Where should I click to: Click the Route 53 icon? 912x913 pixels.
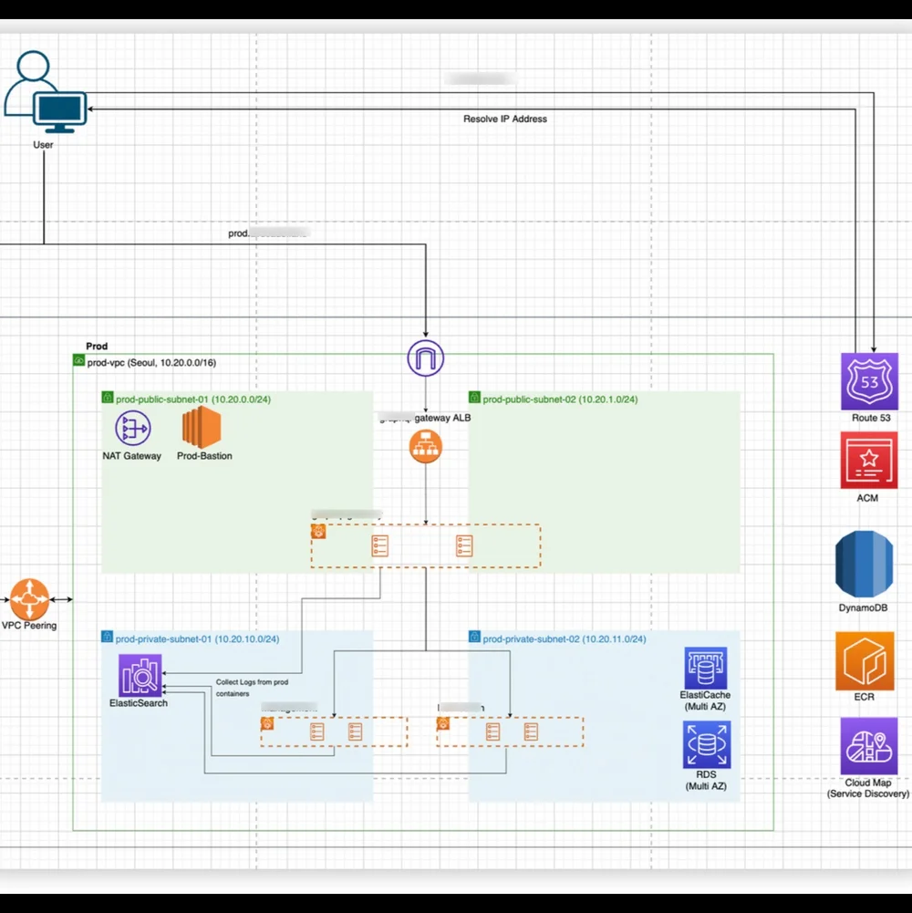point(869,381)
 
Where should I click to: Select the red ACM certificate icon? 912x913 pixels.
point(869,461)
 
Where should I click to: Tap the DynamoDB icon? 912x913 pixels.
point(864,564)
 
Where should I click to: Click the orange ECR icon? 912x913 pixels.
point(865,661)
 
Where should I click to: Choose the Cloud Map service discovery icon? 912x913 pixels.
point(868,745)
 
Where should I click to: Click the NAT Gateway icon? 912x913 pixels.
point(132,428)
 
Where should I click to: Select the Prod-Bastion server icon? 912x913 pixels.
point(202,428)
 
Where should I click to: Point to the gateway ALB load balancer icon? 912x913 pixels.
point(425,446)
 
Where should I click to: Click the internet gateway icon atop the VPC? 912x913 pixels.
point(425,358)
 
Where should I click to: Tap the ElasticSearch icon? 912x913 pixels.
point(140,676)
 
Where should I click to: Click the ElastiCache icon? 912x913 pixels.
point(706,669)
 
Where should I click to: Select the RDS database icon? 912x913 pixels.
point(706,744)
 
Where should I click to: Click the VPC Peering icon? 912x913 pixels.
point(29,599)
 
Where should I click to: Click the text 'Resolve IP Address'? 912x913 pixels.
point(505,119)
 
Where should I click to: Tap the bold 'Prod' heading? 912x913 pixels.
point(97,347)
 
